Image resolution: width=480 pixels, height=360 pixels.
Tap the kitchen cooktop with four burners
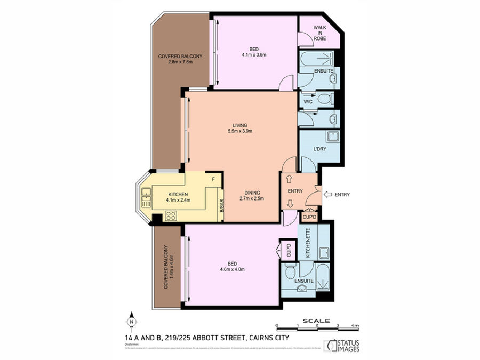tap(171, 215)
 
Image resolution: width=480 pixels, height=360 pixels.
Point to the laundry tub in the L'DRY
tap(332, 136)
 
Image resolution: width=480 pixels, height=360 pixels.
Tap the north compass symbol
tap(131, 323)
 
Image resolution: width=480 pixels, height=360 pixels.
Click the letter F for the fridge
tap(213, 179)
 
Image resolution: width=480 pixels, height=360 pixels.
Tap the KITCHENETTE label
tap(308, 243)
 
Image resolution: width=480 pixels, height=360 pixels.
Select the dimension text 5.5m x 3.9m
tap(238, 131)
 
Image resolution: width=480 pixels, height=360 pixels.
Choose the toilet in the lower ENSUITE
tap(288, 272)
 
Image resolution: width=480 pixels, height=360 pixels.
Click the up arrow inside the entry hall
tap(289, 180)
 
